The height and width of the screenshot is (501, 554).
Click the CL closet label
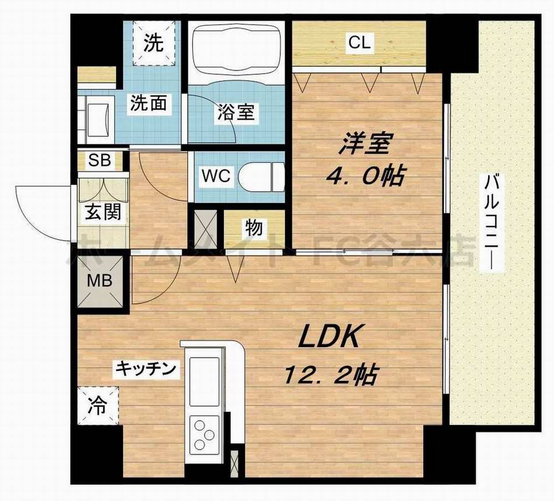(x=360, y=43)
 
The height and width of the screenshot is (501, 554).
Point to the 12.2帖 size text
(x=331, y=373)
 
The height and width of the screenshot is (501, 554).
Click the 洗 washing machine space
(x=153, y=43)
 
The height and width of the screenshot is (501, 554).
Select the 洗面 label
(x=149, y=104)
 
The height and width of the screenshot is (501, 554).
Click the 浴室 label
(x=236, y=112)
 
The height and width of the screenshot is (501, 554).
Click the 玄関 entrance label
(x=104, y=212)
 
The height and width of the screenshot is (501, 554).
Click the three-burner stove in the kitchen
(x=204, y=435)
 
